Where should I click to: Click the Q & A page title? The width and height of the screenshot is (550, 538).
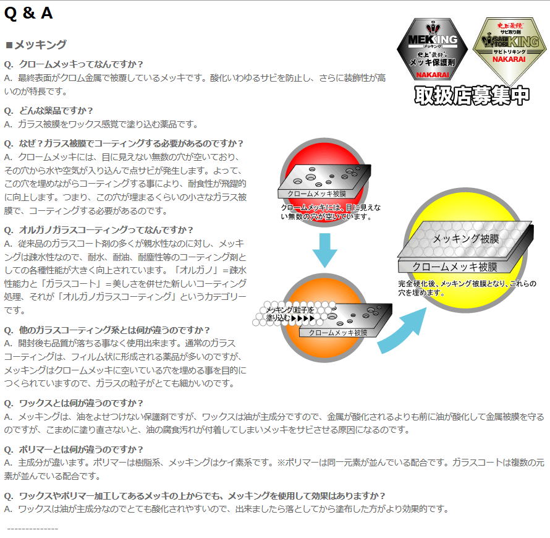(x=28, y=14)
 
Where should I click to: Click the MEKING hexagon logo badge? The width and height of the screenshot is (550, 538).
(x=432, y=49)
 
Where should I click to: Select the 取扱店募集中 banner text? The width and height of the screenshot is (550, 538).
(x=472, y=95)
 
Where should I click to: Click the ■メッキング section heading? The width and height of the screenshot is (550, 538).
(x=36, y=45)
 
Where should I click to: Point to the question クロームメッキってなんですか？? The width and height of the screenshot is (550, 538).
(x=74, y=64)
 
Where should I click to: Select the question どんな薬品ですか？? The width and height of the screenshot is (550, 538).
(x=48, y=111)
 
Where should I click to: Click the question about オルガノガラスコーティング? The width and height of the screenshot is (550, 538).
(x=98, y=230)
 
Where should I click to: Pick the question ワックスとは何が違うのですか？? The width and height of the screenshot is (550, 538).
(x=74, y=403)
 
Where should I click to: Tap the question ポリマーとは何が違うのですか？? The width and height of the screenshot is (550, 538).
(x=74, y=450)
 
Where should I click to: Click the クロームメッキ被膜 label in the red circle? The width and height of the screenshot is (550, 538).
(x=317, y=194)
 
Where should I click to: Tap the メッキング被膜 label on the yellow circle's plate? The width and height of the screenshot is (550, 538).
(x=466, y=239)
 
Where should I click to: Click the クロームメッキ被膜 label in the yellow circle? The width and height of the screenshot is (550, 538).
(x=455, y=267)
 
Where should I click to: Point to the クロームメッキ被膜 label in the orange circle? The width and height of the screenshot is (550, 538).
(x=338, y=333)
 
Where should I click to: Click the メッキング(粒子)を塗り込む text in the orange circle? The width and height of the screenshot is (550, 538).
(x=290, y=314)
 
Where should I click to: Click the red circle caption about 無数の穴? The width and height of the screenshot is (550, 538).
(x=331, y=212)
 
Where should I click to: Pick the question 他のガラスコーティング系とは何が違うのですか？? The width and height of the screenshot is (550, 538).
(x=107, y=330)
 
